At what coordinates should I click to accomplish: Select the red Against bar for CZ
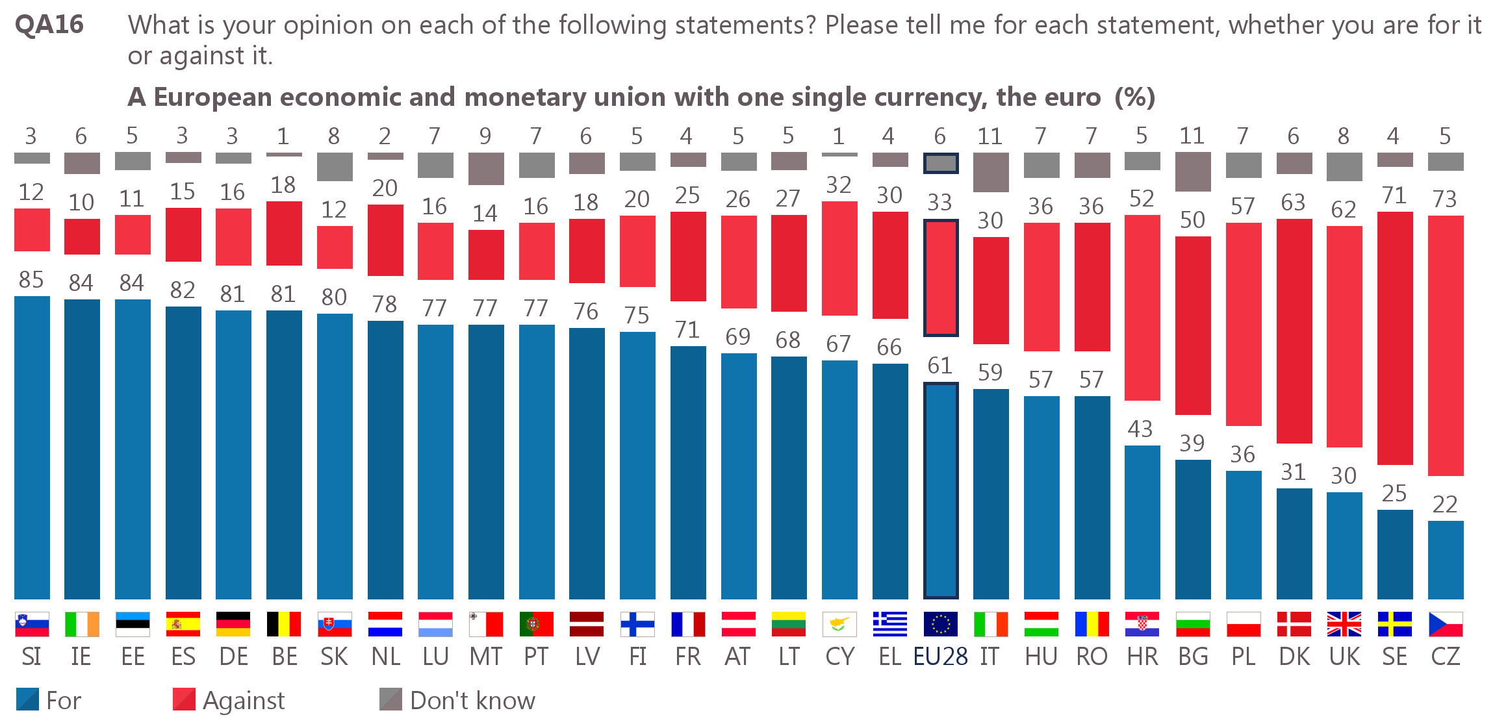click(x=1445, y=345)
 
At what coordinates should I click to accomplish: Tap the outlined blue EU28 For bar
click(x=940, y=490)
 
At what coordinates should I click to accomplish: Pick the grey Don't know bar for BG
click(x=1192, y=171)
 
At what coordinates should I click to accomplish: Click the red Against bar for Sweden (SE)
click(x=1394, y=338)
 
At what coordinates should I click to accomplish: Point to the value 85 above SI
click(x=31, y=280)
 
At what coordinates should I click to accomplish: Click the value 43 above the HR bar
click(x=1140, y=429)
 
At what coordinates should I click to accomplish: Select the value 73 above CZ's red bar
click(x=1444, y=199)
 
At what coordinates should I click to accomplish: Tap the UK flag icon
click(x=1344, y=624)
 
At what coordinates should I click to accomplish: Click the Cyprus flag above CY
click(x=839, y=624)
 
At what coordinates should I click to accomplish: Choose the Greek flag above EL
click(x=889, y=624)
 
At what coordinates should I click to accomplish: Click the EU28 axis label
click(x=940, y=657)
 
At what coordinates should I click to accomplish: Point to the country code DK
click(x=1294, y=657)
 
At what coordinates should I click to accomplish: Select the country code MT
click(x=485, y=657)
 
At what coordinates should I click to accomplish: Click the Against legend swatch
click(x=184, y=699)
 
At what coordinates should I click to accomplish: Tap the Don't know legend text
click(x=472, y=701)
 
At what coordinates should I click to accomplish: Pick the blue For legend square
click(x=27, y=699)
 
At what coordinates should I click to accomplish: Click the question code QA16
click(x=49, y=25)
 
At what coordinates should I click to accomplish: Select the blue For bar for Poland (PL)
click(x=1243, y=534)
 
